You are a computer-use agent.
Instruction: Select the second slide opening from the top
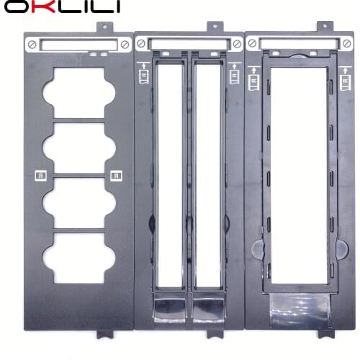pos(79,147)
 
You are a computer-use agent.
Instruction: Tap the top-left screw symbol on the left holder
pos(32,45)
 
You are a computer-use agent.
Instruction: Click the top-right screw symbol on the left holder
pos(125,45)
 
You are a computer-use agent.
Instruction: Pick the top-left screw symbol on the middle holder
pos(141,43)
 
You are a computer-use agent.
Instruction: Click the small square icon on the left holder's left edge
pos(40,174)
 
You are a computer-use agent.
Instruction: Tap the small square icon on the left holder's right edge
pos(115,174)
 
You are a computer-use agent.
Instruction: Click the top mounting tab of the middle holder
pos(214,26)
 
